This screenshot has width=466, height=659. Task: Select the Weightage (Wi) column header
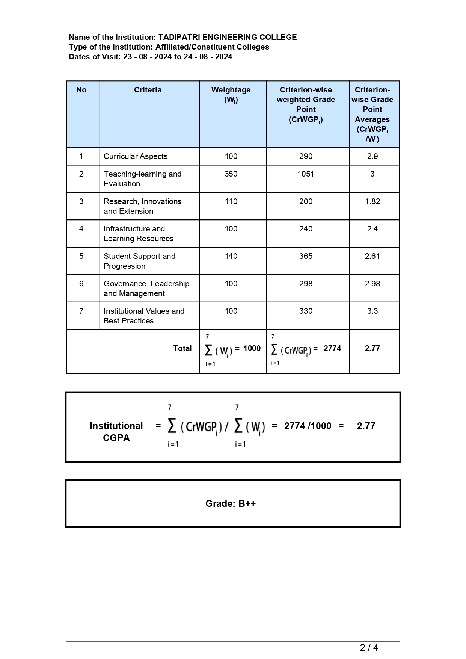pyautogui.click(x=231, y=95)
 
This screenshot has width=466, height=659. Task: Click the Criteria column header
pyautogui.click(x=148, y=90)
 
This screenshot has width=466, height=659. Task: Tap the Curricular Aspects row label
pyautogui.click(x=135, y=156)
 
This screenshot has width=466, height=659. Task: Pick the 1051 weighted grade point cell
pyautogui.click(x=306, y=174)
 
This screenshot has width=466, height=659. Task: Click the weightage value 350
pyautogui.click(x=231, y=174)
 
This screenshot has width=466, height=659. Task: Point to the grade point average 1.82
pyautogui.click(x=372, y=201)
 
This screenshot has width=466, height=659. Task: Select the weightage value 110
pyautogui.click(x=231, y=201)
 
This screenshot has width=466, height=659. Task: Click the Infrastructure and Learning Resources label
pyautogui.click(x=138, y=234)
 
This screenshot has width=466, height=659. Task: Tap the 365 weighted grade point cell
pyautogui.click(x=306, y=256)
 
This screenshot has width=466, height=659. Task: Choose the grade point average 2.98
pyautogui.click(x=372, y=284)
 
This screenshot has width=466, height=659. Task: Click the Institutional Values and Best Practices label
pyautogui.click(x=144, y=316)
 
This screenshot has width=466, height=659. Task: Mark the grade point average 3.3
pyautogui.click(x=372, y=311)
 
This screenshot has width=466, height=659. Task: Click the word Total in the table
pyautogui.click(x=182, y=348)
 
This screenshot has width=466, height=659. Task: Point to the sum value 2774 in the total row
pyautogui.click(x=332, y=348)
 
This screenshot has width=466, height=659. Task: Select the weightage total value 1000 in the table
pyautogui.click(x=252, y=348)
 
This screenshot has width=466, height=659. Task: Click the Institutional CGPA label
pyautogui.click(x=116, y=432)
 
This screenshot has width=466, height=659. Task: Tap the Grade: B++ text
pyautogui.click(x=230, y=503)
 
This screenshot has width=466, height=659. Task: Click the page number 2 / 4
pyautogui.click(x=369, y=647)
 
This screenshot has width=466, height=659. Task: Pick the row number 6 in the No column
pyautogui.click(x=81, y=284)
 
